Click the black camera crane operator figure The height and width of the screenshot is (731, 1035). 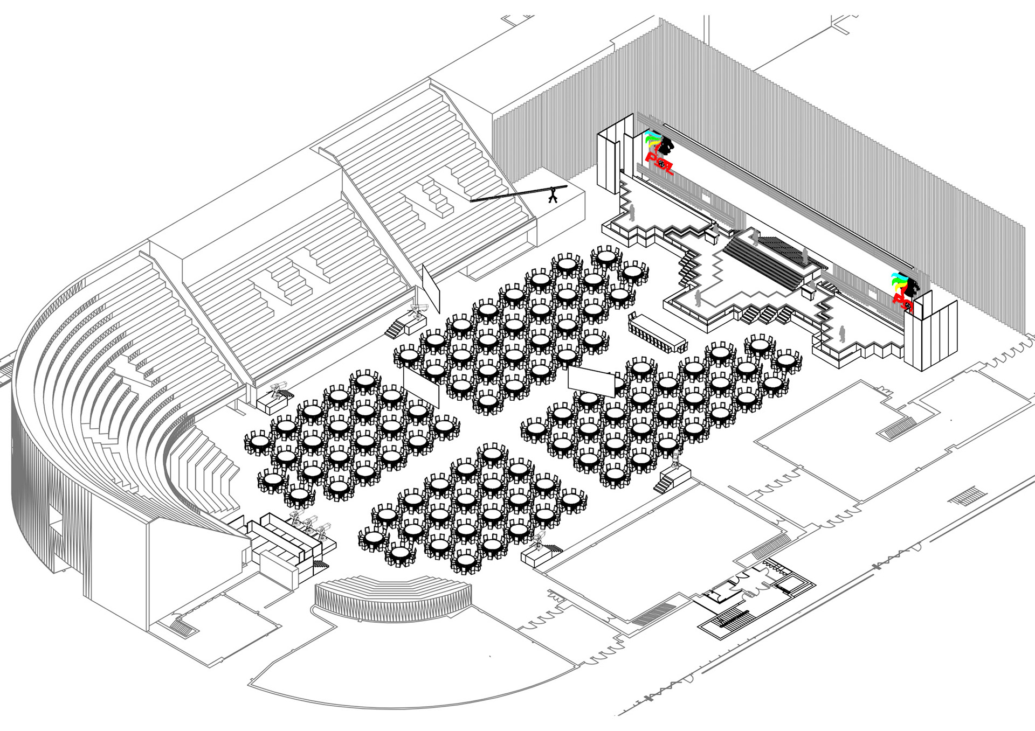[553, 196]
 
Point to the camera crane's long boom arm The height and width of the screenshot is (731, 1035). [512, 195]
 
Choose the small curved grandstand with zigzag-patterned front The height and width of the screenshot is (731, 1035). [393, 597]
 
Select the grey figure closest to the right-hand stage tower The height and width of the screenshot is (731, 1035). [841, 334]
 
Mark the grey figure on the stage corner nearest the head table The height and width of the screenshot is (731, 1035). [698, 298]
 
